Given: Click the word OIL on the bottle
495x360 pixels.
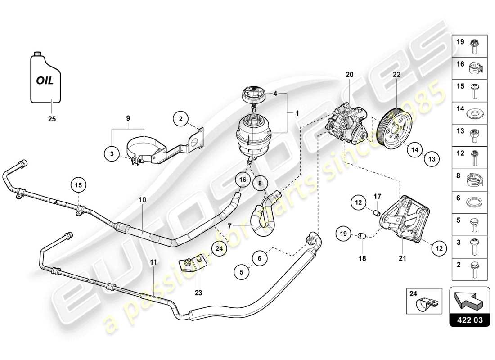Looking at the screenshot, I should (45, 81).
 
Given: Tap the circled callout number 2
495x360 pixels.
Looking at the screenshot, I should (181, 119).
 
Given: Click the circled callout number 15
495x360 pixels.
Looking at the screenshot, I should (79, 185).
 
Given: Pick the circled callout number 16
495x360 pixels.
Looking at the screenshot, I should (243, 179).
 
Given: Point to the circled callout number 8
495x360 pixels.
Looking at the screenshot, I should (260, 183).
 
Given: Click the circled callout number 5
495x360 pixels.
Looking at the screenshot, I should (241, 271).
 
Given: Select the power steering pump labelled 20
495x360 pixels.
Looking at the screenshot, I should (348, 122).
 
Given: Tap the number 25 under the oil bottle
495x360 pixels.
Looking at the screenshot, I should (52, 120).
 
